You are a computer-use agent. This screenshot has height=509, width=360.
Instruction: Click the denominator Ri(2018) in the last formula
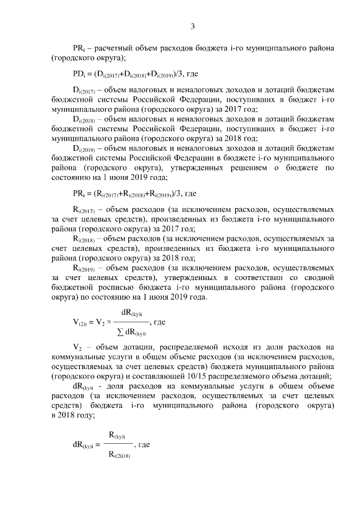(119, 455)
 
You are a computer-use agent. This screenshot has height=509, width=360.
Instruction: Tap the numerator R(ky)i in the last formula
(119, 434)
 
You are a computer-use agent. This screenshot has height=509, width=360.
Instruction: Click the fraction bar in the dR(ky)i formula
(119, 444)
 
